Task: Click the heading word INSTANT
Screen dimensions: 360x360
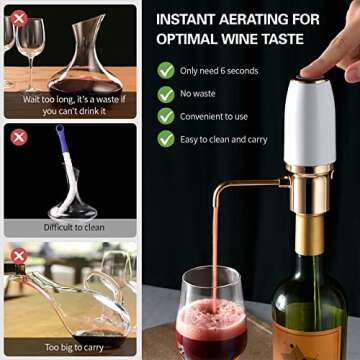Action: [x=190, y=19]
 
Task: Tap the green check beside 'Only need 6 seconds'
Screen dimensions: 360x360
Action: [x=165, y=71]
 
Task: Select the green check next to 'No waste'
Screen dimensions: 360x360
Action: [x=165, y=94]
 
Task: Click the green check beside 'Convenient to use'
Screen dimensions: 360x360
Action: [x=165, y=116]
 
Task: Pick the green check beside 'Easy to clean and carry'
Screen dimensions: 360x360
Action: [x=165, y=139]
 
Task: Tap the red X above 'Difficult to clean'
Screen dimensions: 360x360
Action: [x=17, y=136]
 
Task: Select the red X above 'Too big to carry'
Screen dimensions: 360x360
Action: [x=17, y=257]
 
